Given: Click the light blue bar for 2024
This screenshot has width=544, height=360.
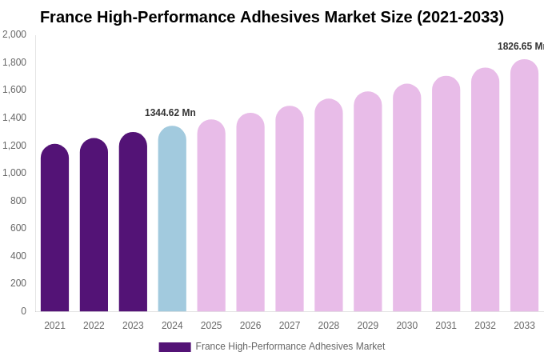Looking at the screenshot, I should point(172,220).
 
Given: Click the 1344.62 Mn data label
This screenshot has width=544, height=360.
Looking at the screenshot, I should point(170,113).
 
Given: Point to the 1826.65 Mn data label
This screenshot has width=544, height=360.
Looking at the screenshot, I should point(520,46).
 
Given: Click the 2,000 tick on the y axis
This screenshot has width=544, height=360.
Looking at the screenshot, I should point(14,34).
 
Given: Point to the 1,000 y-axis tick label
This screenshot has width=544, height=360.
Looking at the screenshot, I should point(14,173).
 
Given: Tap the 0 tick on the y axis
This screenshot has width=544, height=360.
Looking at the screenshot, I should point(23,311).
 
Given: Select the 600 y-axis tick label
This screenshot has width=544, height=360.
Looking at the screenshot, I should point(18,228).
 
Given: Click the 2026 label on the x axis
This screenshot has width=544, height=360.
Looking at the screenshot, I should point(250,326).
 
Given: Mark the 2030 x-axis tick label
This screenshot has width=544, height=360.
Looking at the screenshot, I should point(407,326).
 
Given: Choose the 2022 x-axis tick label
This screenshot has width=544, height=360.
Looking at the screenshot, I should point(94,326).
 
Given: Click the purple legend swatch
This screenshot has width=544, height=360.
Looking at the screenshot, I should point(174,347).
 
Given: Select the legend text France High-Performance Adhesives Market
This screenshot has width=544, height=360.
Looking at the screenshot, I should point(290,346).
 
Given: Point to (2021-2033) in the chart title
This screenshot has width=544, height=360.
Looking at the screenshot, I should point(460,17).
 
